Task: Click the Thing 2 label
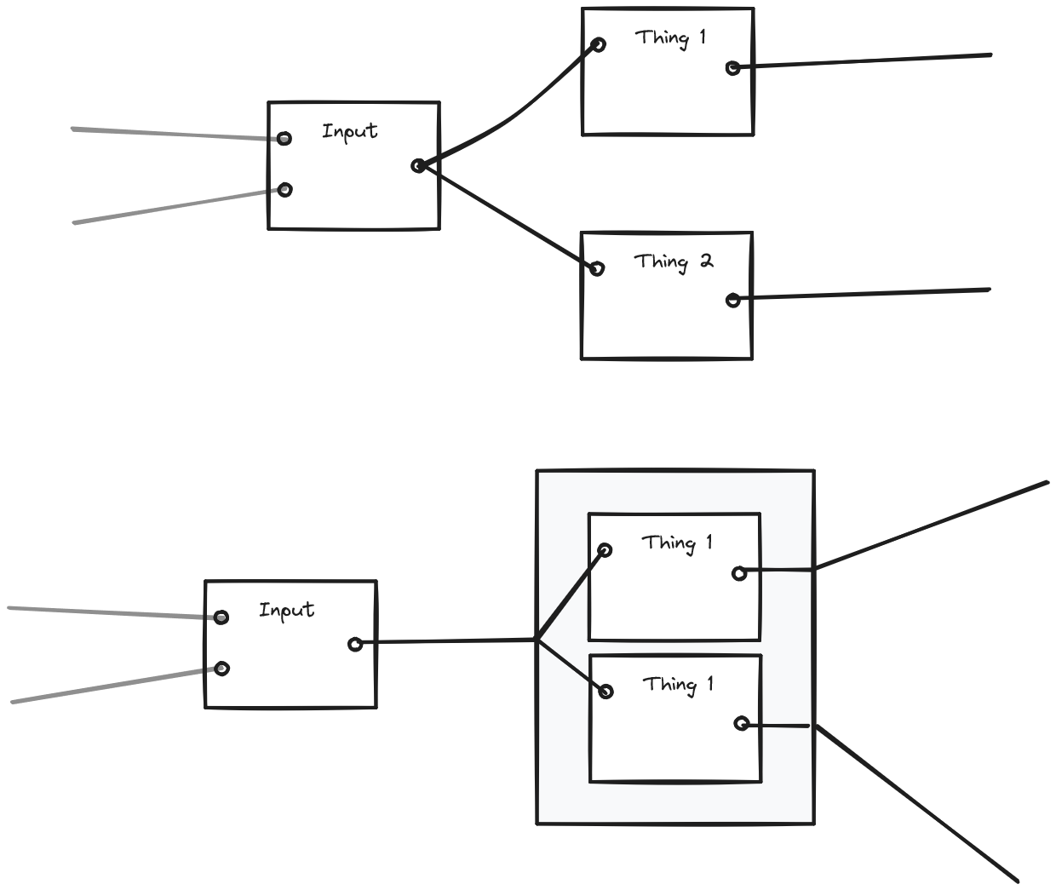(673, 261)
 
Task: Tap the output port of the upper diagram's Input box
(418, 165)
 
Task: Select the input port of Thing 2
(597, 268)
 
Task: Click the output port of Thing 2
(733, 300)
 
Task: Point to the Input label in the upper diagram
(349, 131)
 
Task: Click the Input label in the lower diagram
(286, 610)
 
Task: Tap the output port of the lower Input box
(355, 644)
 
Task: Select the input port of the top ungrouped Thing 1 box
(598, 44)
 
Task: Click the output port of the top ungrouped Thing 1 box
(733, 68)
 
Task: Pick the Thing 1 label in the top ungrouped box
(670, 37)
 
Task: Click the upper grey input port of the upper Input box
(284, 138)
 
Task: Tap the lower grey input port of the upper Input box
(285, 189)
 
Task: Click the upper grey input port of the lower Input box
(221, 617)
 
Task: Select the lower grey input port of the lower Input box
(221, 669)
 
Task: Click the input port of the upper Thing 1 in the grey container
(605, 550)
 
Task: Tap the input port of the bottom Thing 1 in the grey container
(605, 692)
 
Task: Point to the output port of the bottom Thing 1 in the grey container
(742, 724)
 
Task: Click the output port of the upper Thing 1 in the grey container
(739, 574)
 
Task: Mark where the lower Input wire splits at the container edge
(537, 639)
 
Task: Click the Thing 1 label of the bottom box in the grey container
(678, 685)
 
